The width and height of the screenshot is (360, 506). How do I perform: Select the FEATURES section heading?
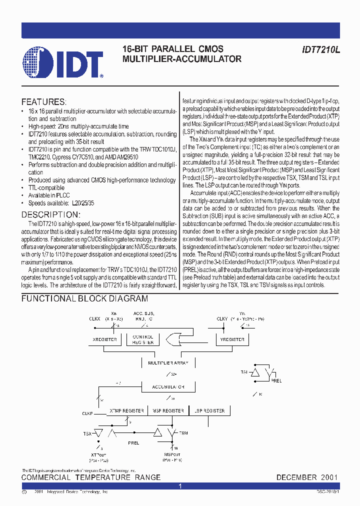(44, 101)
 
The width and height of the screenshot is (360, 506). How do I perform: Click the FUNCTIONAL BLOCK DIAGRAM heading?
(84, 298)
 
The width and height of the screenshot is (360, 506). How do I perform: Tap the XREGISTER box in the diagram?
(104, 339)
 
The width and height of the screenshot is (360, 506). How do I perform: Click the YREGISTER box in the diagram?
(232, 339)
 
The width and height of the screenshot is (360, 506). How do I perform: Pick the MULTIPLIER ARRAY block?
(168, 363)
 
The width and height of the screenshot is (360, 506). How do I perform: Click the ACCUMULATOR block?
(168, 387)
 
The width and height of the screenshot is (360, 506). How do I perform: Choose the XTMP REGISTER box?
(127, 410)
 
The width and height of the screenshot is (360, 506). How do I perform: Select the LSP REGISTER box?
(209, 410)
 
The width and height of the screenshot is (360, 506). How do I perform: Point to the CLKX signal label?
(94, 318)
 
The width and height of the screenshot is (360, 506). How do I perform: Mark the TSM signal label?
(183, 433)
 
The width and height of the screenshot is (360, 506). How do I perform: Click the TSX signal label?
(87, 433)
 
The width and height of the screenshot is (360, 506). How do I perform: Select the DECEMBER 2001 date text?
(307, 477)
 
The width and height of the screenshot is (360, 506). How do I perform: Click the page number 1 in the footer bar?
(180, 486)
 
